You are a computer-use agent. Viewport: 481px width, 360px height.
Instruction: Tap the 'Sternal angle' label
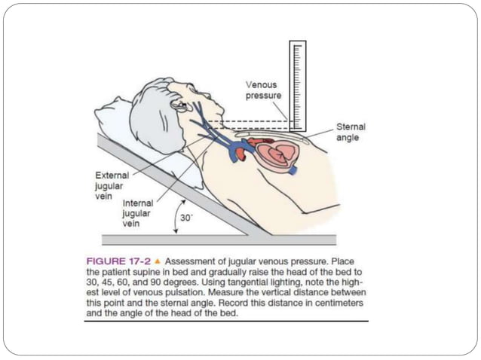click(x=351, y=133)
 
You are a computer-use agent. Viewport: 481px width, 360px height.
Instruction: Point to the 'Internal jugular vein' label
click(x=137, y=213)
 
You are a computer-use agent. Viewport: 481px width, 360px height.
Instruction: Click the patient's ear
click(x=179, y=105)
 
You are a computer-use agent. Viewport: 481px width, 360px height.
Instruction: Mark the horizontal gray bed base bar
click(x=219, y=239)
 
